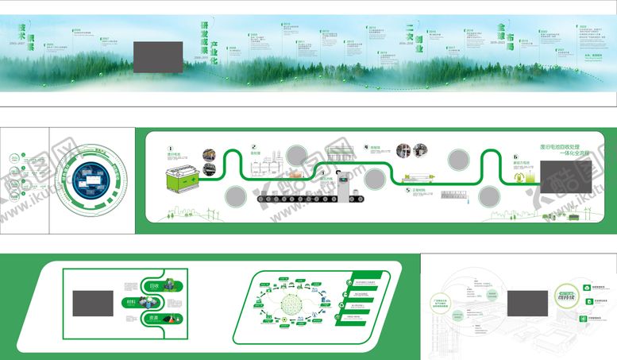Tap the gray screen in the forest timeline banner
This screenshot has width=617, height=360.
[x=158, y=56]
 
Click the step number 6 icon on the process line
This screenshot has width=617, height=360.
[x=515, y=158]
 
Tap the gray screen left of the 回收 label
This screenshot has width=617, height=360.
[x=92, y=303]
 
